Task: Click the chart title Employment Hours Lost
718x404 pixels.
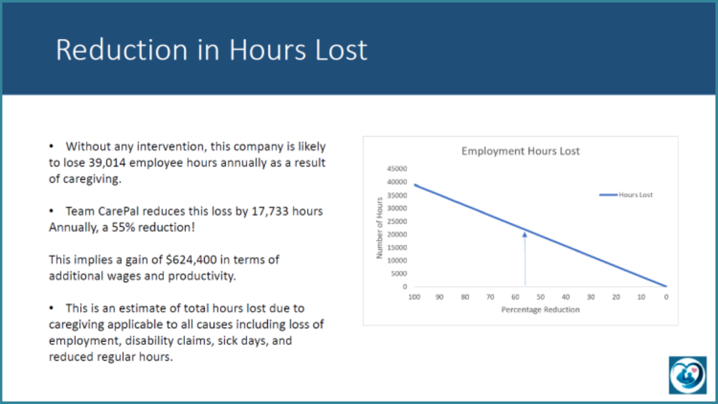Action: [520, 152]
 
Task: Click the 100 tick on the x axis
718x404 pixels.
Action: [414, 297]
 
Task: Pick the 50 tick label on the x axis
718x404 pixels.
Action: [540, 297]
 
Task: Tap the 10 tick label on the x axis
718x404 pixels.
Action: [641, 297]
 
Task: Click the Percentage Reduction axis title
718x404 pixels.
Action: [540, 310]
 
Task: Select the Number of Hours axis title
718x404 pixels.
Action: [379, 227]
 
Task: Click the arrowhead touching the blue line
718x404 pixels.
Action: [525, 234]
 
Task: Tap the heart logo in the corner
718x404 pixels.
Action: [687, 374]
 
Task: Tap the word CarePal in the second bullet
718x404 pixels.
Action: [119, 211]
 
